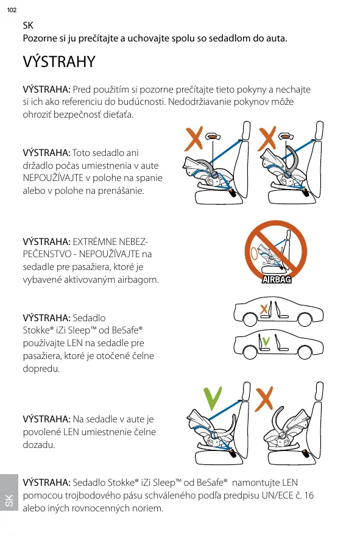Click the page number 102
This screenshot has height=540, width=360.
coord(12,10)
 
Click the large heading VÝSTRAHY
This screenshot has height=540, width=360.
coord(59,62)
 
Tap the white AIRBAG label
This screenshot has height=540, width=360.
coord(277,279)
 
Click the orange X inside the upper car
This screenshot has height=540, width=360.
coord(263,309)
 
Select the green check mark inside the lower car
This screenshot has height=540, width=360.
coord(266,342)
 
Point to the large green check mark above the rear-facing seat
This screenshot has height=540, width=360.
coord(213,399)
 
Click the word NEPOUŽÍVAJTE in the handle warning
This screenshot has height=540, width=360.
coord(53,178)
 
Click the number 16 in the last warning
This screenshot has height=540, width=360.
coord(309,496)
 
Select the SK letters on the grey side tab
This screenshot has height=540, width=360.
coord(9,500)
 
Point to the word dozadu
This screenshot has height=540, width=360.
coord(39,444)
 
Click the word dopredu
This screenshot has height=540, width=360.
coord(41,369)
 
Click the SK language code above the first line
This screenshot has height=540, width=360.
coord(28,25)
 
